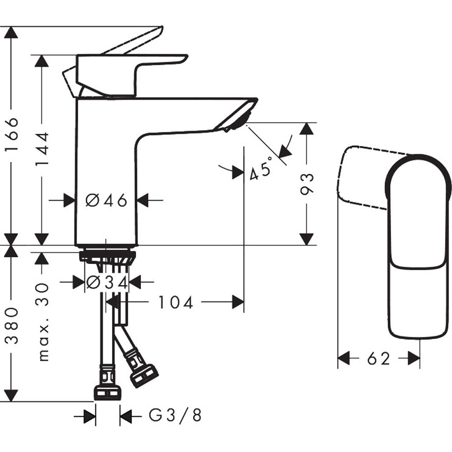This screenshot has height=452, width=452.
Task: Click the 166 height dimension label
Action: point(12,134)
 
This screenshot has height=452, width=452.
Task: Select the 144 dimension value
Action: point(42,149)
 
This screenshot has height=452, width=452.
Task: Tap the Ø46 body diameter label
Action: point(106,200)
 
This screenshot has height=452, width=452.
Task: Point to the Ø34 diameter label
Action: point(107,282)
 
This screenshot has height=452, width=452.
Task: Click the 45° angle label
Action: point(261,169)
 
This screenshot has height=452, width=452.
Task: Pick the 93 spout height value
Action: point(306,184)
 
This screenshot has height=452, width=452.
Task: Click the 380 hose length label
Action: point(12,326)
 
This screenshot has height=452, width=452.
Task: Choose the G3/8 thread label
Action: point(175,415)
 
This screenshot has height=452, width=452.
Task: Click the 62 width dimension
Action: point(378,358)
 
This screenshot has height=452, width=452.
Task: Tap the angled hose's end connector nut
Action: point(145,375)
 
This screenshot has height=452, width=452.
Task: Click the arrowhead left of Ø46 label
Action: point(70,200)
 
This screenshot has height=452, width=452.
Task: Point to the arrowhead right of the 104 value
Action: point(238,302)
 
